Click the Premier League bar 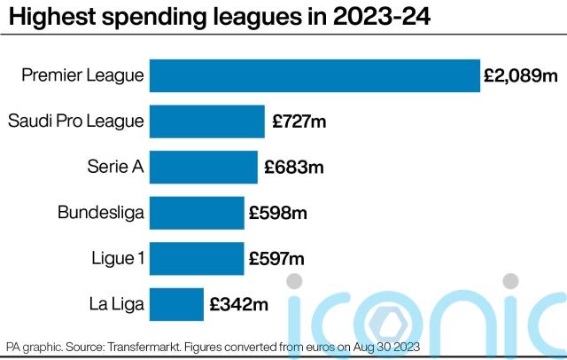[x=315, y=75]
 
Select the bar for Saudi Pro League [x=207, y=121]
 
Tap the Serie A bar [x=204, y=167]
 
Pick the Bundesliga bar [x=197, y=213]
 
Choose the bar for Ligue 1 [x=197, y=259]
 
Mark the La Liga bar [x=176, y=305]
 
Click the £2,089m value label [x=521, y=76]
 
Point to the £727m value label [x=299, y=121]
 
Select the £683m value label [x=293, y=167]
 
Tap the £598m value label [x=278, y=213]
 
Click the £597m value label [x=277, y=259]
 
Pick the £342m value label [x=238, y=305]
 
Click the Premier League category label [x=82, y=75]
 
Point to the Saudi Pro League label [x=75, y=121]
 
